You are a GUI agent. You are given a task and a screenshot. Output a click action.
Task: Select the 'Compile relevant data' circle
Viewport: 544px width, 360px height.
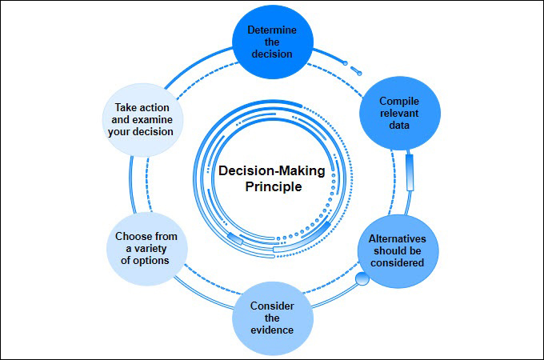pos(399,114)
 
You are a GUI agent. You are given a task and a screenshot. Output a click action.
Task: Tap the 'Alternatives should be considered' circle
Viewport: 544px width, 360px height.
pos(398,250)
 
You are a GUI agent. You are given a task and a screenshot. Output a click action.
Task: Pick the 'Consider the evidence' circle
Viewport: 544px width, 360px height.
pos(272,318)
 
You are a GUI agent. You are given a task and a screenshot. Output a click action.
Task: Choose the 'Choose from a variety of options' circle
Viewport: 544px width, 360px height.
pos(146,248)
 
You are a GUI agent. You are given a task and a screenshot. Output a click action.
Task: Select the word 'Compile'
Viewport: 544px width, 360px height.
pos(399,102)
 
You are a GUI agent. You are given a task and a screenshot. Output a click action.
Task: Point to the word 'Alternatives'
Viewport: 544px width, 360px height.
pos(398,238)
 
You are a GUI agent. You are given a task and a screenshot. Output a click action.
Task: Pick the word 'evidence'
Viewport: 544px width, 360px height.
pos(272,330)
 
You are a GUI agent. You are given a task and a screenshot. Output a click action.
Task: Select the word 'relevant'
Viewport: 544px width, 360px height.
pos(399,114)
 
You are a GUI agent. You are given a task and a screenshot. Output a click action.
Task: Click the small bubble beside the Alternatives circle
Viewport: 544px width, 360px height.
pos(362,278)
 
